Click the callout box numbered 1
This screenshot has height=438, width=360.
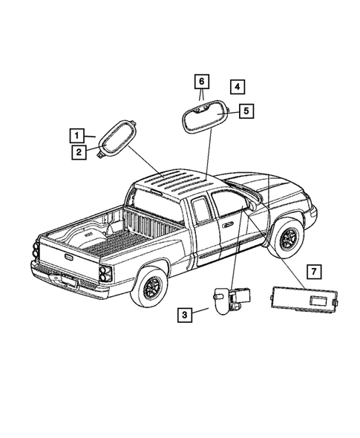(x=76, y=135)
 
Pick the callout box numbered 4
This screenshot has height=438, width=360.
(x=235, y=88)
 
